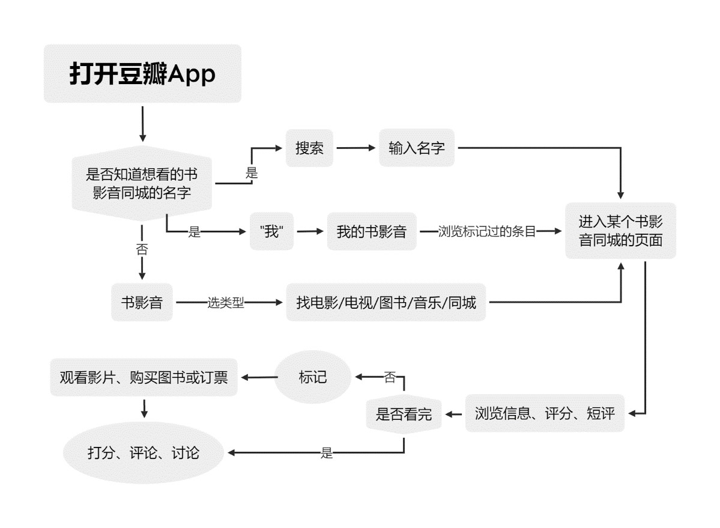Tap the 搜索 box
309,148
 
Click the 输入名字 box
416,148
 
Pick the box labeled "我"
272,231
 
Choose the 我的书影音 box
372,231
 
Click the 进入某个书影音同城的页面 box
620,231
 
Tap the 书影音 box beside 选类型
142,302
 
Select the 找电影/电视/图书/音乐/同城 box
386,302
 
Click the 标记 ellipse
313,377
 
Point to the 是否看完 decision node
404,413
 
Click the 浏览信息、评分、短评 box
545,413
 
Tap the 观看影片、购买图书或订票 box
144,378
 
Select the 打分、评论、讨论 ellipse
144,452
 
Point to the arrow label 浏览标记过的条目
486,231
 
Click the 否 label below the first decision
142,249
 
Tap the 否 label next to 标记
390,378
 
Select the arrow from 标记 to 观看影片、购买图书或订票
258,377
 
